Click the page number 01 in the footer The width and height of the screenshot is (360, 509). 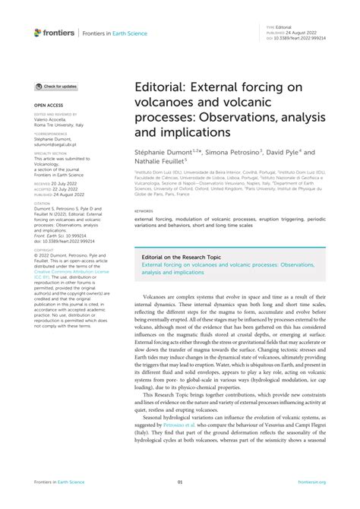180,482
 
